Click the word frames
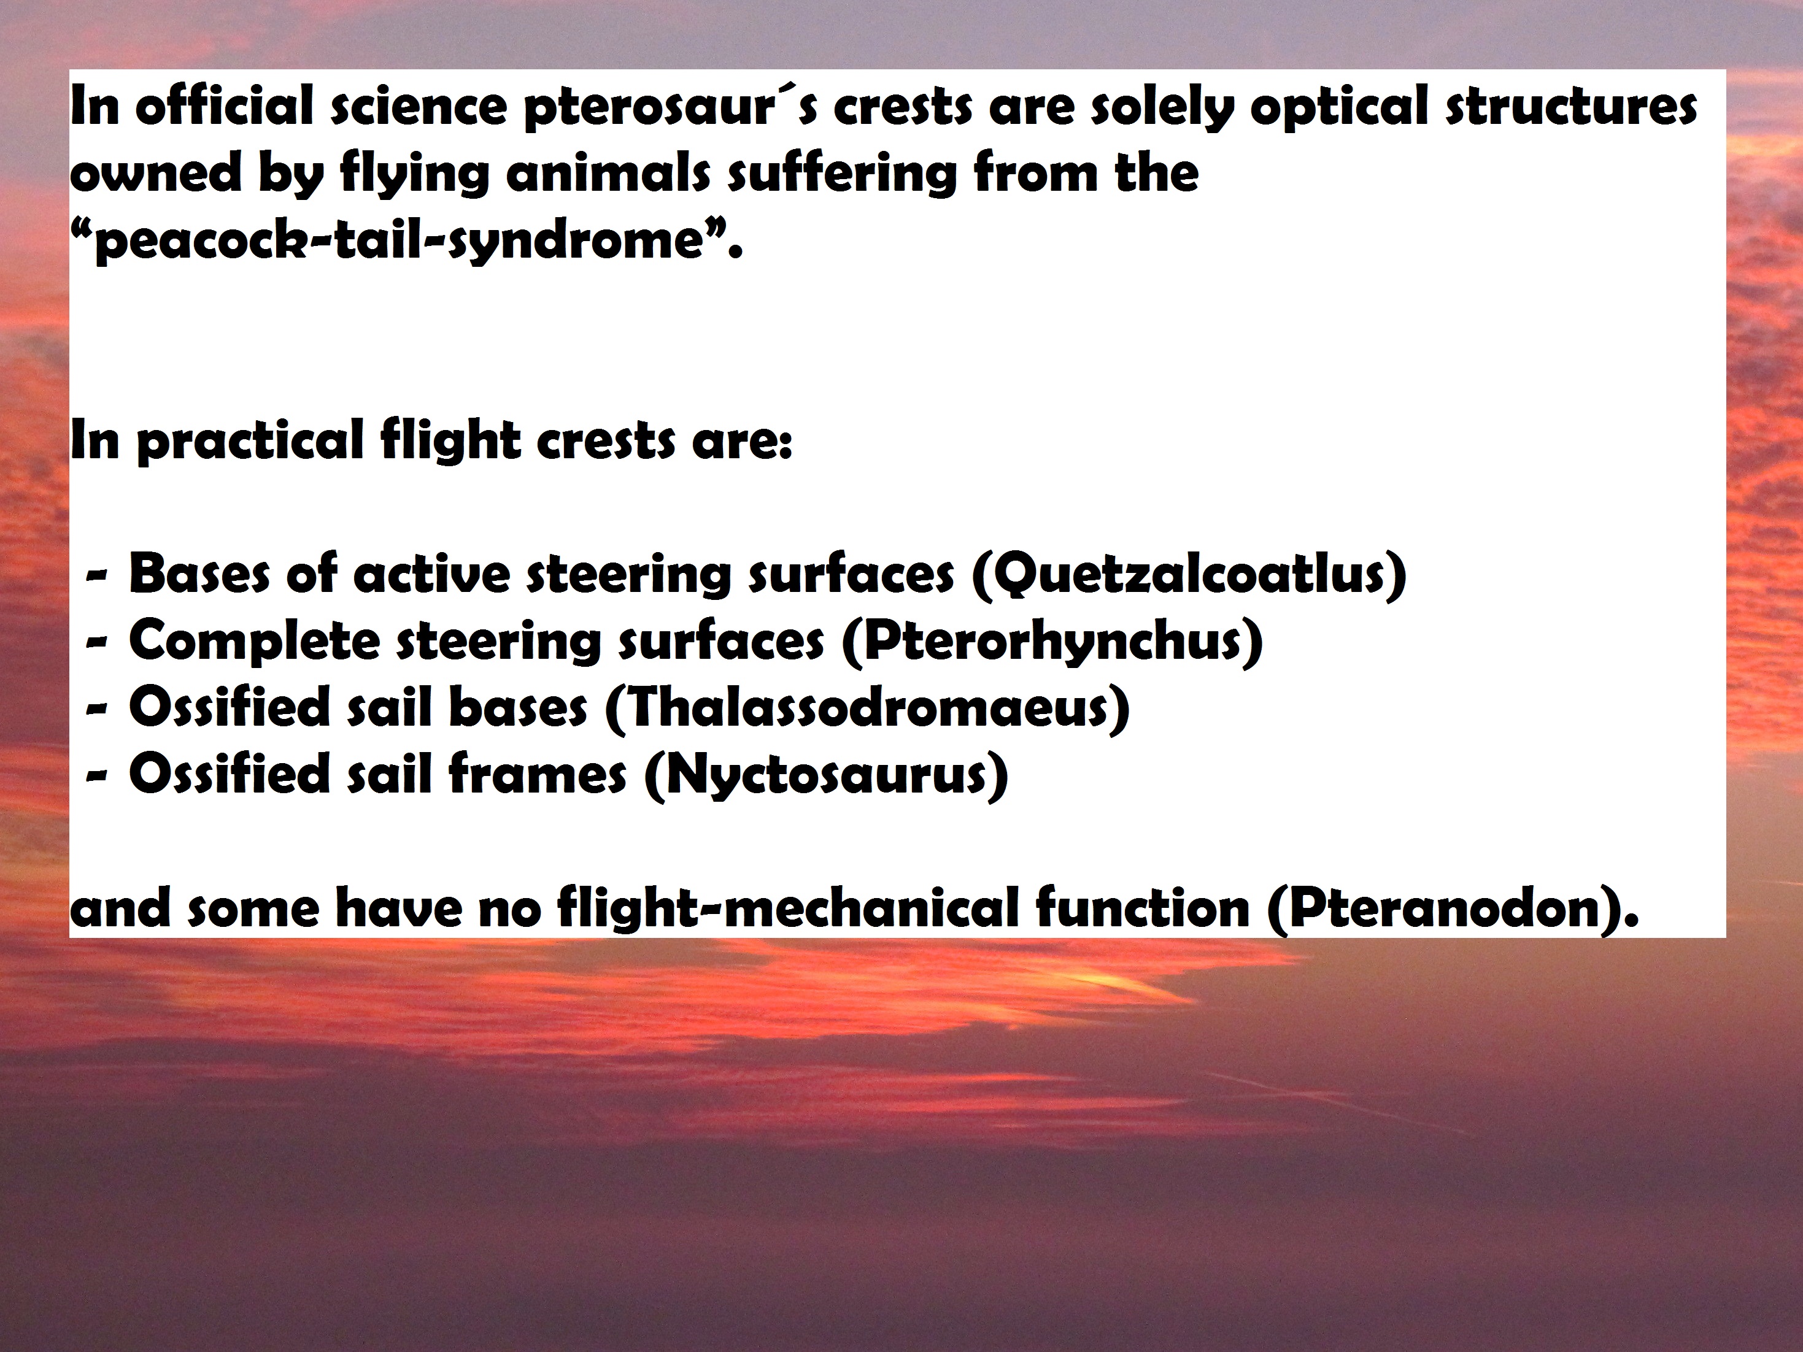click(537, 774)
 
